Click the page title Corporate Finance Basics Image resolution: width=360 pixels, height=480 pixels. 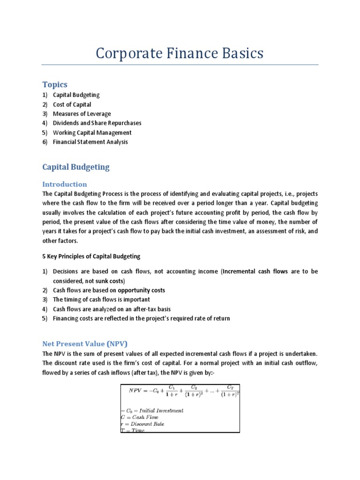click(180, 53)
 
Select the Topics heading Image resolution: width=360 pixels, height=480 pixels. click(55, 84)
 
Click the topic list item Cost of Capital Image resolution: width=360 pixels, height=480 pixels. click(72, 105)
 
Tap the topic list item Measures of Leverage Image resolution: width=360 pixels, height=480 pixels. click(82, 114)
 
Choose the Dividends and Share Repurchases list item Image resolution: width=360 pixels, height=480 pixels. click(97, 123)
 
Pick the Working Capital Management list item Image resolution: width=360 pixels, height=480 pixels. click(92, 133)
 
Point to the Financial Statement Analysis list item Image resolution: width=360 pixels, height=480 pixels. click(90, 142)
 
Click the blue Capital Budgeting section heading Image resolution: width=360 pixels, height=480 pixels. click(75, 166)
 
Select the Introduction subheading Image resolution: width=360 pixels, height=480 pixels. click(64, 184)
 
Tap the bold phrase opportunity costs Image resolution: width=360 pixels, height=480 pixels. click(141, 290)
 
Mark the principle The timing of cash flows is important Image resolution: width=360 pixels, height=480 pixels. click(101, 300)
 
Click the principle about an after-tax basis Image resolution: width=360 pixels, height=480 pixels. click(112, 309)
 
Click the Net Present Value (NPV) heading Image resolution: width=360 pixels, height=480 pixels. click(85, 344)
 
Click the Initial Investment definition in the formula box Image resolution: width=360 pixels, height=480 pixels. click(152, 410)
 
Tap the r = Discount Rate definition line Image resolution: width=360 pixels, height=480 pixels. click(143, 424)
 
